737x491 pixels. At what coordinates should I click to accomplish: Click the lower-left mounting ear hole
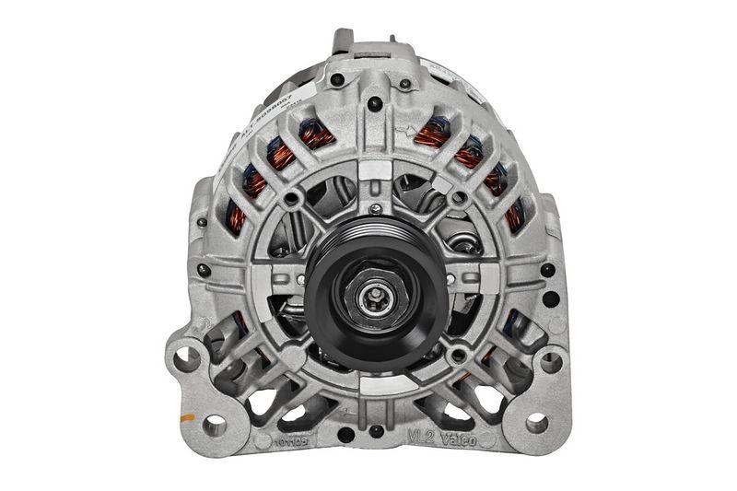tap(215, 425)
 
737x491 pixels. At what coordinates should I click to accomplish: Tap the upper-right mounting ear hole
tap(551, 361)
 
